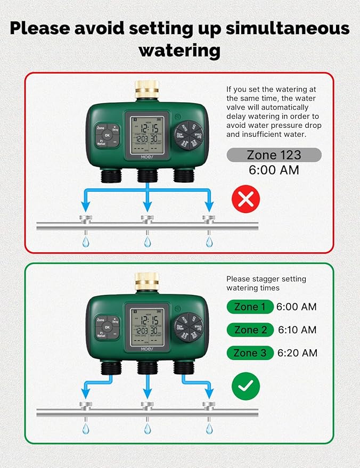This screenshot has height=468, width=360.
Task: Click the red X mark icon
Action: pyautogui.click(x=246, y=199)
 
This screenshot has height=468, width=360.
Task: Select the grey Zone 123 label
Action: pyautogui.click(x=274, y=155)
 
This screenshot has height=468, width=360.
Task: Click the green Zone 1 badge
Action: pyautogui.click(x=249, y=307)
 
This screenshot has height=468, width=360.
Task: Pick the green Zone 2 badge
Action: pyautogui.click(x=250, y=330)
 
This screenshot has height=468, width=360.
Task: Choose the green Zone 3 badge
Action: pyautogui.click(x=250, y=353)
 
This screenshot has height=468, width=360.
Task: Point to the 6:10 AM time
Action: pyautogui.click(x=297, y=330)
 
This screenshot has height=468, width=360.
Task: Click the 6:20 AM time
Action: pyautogui.click(x=297, y=353)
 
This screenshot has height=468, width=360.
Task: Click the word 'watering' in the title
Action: pyautogui.click(x=179, y=51)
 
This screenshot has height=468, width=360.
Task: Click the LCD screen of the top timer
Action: pyautogui.click(x=147, y=134)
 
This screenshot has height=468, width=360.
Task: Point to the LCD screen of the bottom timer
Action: pyautogui.click(x=147, y=325)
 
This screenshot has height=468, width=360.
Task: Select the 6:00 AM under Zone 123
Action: pyautogui.click(x=274, y=170)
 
